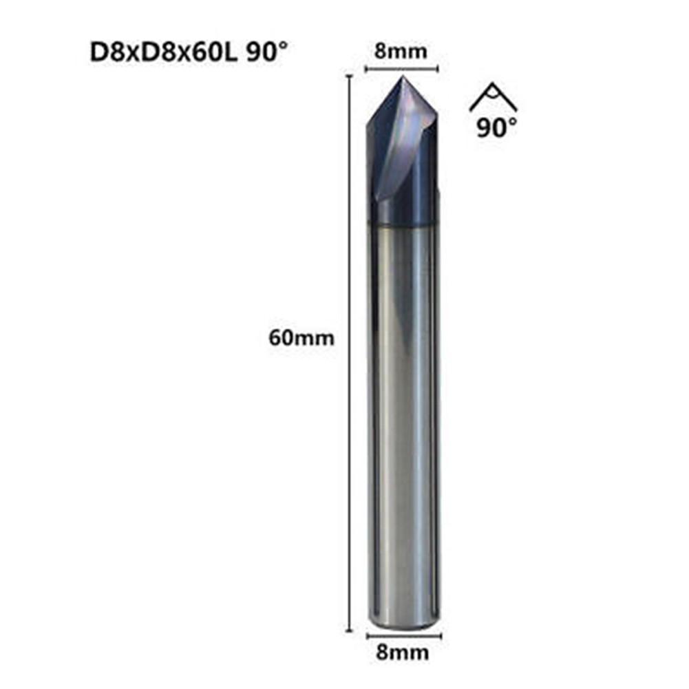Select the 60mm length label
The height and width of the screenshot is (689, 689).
301,338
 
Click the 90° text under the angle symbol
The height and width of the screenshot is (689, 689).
496,128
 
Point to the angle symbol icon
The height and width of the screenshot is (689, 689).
493,98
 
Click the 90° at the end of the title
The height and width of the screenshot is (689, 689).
264,53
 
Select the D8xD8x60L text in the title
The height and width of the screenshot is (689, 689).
164,53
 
